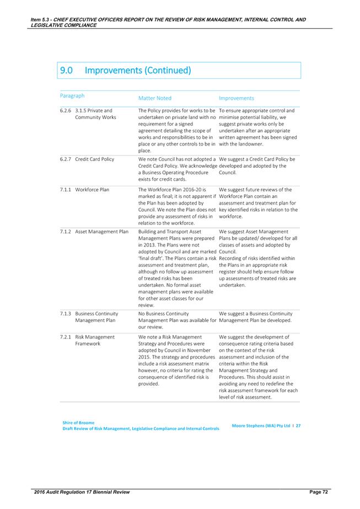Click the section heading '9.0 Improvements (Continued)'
point(125,71)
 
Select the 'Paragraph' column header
point(72,95)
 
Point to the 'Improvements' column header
point(236,98)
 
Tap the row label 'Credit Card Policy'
point(95,159)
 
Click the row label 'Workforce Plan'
point(92,190)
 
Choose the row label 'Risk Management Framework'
point(95,340)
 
